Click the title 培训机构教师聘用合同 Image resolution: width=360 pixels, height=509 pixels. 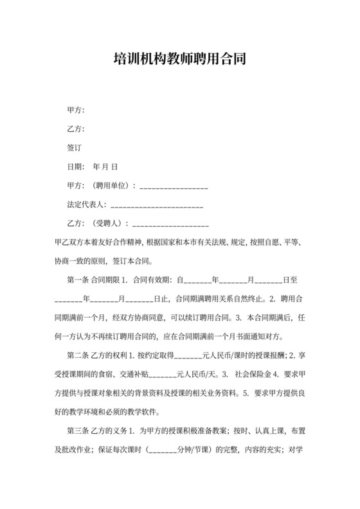[x=179, y=60]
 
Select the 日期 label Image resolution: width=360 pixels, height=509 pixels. [x=76, y=166]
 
